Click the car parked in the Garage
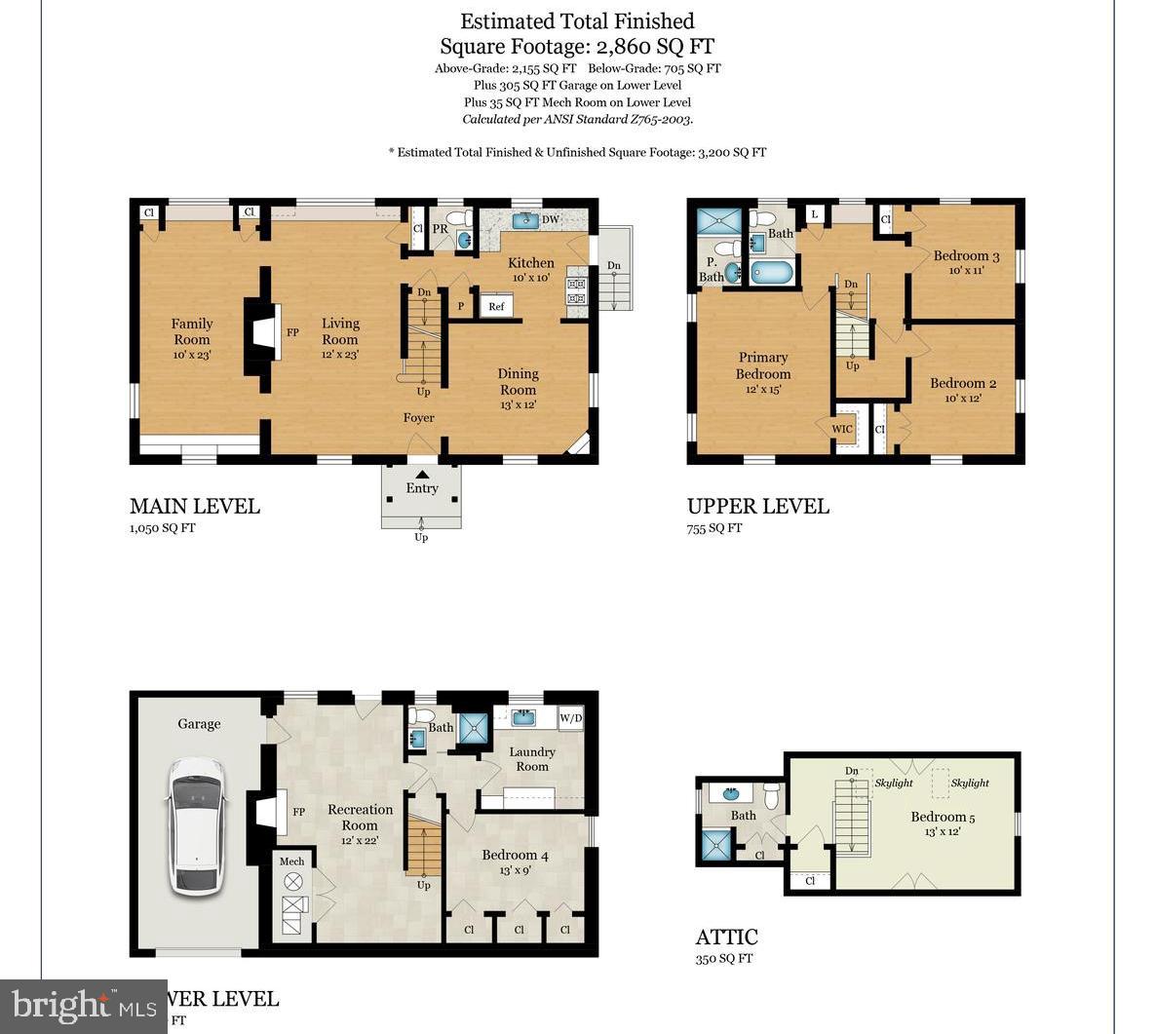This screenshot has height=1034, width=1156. (x=197, y=825)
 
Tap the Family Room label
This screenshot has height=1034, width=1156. (x=191, y=331)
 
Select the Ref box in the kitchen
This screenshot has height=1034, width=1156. (x=496, y=306)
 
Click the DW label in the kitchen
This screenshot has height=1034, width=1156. (x=551, y=219)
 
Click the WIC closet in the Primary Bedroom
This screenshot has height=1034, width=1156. (x=842, y=429)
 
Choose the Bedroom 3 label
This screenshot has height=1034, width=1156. (x=966, y=255)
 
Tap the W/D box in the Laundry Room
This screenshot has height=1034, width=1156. (x=570, y=719)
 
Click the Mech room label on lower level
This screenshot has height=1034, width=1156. (x=291, y=861)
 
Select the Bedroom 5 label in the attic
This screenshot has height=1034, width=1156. (x=943, y=817)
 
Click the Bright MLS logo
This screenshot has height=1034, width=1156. (x=83, y=1005)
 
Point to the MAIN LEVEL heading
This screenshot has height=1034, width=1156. (x=195, y=506)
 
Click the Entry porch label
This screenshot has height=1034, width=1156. (x=421, y=488)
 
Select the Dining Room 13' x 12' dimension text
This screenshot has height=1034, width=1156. (x=518, y=404)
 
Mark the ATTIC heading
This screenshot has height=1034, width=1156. (x=726, y=938)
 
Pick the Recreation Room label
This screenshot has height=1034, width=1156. (x=360, y=817)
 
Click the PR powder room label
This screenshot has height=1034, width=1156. (x=440, y=229)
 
